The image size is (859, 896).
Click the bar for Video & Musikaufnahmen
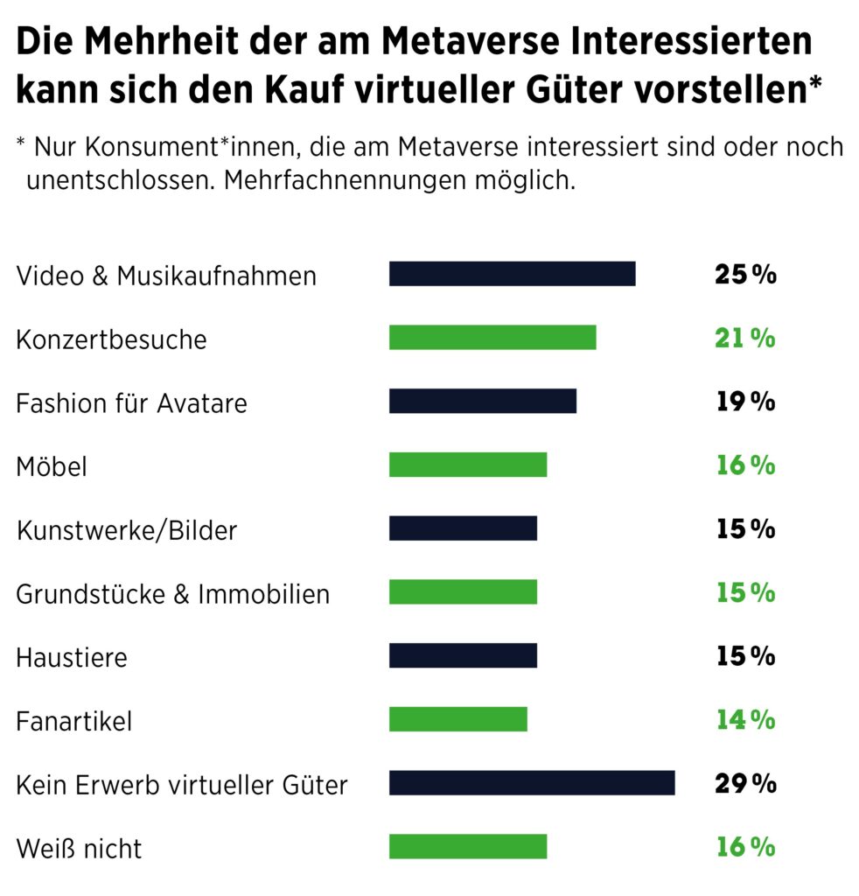point(512,274)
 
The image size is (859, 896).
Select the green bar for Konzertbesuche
point(492,338)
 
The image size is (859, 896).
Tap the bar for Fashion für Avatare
point(483,402)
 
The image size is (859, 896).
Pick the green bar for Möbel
point(468,465)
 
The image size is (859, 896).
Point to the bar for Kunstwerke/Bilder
point(463,528)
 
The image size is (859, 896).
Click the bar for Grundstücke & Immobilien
point(463,592)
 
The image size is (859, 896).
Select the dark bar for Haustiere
point(463,656)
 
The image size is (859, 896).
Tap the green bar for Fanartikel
point(458,719)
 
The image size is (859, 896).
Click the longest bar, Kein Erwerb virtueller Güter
point(532,783)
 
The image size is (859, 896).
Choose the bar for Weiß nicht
point(468,847)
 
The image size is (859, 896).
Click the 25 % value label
point(745,275)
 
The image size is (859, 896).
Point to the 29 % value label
point(745,784)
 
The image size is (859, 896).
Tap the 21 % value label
point(745,339)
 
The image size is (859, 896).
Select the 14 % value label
point(745,720)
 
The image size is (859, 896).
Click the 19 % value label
point(745,402)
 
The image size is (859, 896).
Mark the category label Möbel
point(52,466)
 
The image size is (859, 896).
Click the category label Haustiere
point(72,657)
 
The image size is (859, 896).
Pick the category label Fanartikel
point(74,721)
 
